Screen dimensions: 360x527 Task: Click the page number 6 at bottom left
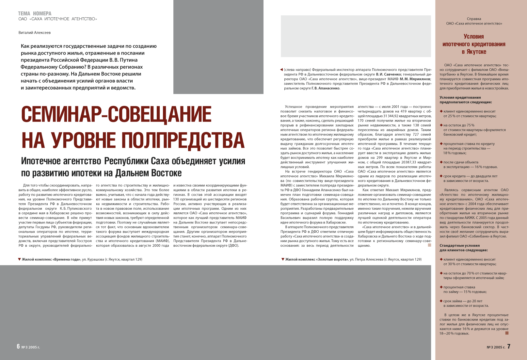point(18,346)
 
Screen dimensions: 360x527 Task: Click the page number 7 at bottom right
point(509,346)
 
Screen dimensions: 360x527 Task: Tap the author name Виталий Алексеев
point(35,33)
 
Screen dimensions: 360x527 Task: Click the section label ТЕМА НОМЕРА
point(35,13)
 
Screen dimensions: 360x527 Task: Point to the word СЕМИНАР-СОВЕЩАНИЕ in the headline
point(116,114)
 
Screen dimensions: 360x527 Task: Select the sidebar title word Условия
point(474,37)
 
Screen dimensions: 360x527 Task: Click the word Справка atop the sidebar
point(474,19)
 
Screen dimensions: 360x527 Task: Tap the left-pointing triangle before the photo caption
point(281,70)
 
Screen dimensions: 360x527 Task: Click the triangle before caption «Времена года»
point(20,259)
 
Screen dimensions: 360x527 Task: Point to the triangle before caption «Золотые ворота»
point(283,259)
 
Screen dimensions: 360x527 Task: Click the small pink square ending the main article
point(429,245)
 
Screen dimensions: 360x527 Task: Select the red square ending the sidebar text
point(507,333)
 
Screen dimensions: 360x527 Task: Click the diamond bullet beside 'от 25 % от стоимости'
point(441,111)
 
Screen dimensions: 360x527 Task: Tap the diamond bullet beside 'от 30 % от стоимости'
point(441,259)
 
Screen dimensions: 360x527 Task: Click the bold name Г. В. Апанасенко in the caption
point(326,88)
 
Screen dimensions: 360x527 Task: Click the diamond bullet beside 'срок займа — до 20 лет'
point(441,301)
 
